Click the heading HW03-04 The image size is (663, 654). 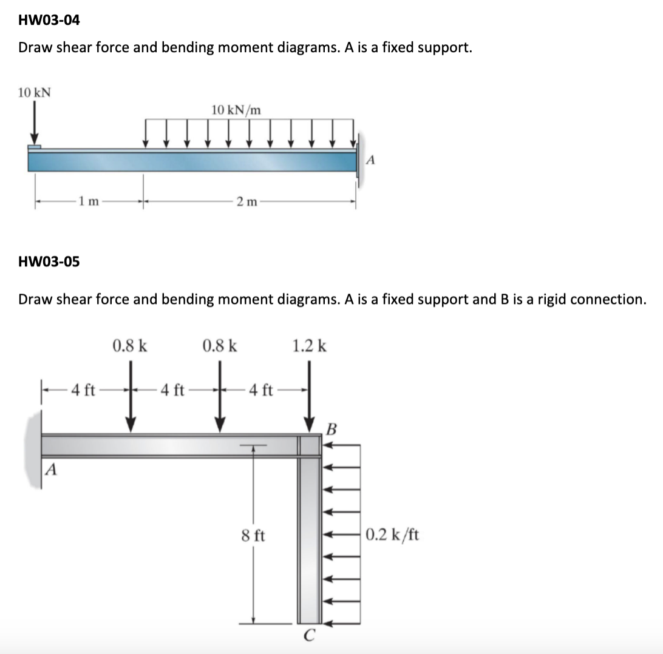pyautogui.click(x=49, y=20)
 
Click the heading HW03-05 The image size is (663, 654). pyautogui.click(x=49, y=262)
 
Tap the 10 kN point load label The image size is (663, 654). pyautogui.click(x=35, y=93)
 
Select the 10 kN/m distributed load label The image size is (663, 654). pyautogui.click(x=237, y=110)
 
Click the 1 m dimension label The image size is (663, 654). pyautogui.click(x=89, y=201)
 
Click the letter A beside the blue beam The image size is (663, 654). pyautogui.click(x=373, y=160)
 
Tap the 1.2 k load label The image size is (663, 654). pyautogui.click(x=310, y=346)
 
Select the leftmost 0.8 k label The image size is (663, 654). pyautogui.click(x=130, y=346)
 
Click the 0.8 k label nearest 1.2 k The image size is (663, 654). pyautogui.click(x=220, y=346)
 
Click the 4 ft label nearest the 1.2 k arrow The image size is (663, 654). pyautogui.click(x=261, y=389)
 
